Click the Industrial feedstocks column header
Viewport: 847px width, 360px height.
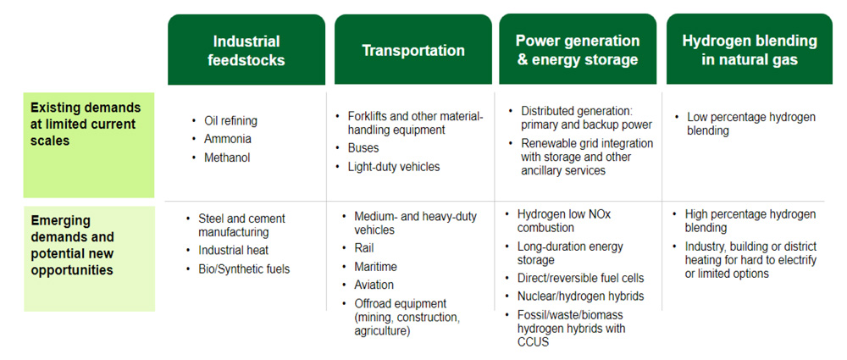pos(246,50)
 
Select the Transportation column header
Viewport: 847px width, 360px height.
pos(413,50)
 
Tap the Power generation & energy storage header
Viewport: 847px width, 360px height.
pos(578,50)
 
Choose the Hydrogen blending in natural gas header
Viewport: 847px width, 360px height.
pos(750,50)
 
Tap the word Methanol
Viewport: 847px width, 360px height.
pos(227,158)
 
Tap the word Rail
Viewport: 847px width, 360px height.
pos(364,248)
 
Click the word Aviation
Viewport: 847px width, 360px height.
pos(374,285)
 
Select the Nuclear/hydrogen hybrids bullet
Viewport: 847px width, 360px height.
pos(581,296)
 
